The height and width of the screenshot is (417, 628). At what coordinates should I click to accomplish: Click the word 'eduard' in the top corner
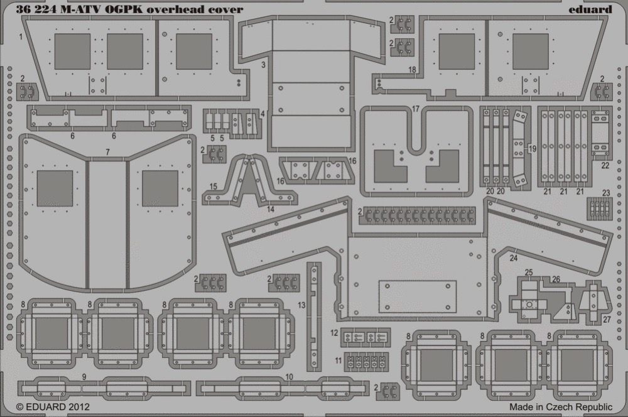pyautogui.click(x=590, y=9)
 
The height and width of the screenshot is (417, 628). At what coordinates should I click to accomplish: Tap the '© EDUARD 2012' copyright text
pyautogui.click(x=53, y=407)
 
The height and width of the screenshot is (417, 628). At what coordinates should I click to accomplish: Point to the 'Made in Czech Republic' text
pyautogui.click(x=561, y=407)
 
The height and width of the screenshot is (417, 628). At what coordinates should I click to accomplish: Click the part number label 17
pyautogui.click(x=415, y=109)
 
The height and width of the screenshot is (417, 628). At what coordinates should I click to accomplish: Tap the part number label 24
pyautogui.click(x=514, y=258)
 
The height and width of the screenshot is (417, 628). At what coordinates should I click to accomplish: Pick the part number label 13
pyautogui.click(x=301, y=305)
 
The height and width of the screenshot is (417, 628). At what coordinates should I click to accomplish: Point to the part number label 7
pyautogui.click(x=108, y=152)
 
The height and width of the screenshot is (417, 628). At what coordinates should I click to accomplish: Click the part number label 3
pyautogui.click(x=263, y=65)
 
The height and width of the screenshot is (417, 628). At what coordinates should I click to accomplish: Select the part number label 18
pyautogui.click(x=412, y=70)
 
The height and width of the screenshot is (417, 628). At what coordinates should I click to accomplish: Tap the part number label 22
pyautogui.click(x=605, y=165)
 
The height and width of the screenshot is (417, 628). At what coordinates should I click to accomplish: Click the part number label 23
pyautogui.click(x=606, y=193)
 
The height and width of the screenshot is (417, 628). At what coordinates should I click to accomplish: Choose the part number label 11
pyautogui.click(x=338, y=360)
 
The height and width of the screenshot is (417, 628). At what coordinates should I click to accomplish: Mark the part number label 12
pyautogui.click(x=335, y=333)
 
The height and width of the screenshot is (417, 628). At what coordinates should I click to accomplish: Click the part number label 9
pyautogui.click(x=84, y=377)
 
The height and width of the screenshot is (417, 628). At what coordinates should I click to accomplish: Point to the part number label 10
pyautogui.click(x=289, y=377)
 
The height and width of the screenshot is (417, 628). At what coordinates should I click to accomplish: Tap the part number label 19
pyautogui.click(x=532, y=149)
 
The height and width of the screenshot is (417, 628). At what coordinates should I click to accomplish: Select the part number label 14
pyautogui.click(x=270, y=208)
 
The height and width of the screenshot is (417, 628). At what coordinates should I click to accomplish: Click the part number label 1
pyautogui.click(x=21, y=37)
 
